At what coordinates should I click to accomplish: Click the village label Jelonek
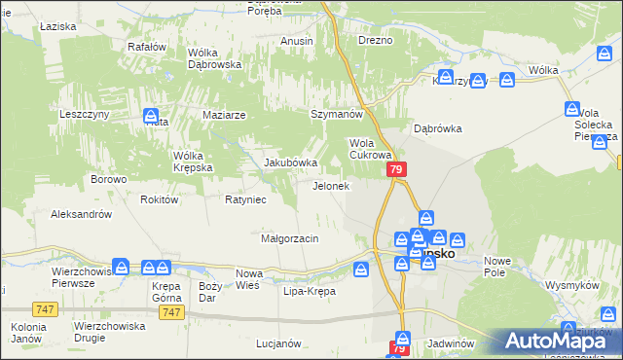[x=330, y=185]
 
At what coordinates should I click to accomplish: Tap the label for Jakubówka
[x=291, y=162]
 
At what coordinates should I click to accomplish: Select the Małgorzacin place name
[x=290, y=238]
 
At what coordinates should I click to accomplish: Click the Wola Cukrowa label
[x=370, y=148]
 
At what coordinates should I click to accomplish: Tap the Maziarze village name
[x=224, y=114]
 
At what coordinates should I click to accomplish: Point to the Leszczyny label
[x=89, y=114]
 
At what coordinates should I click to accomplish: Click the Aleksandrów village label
[x=82, y=214]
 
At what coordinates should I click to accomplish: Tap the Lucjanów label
[x=276, y=343]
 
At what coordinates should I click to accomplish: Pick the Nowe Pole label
[x=497, y=267]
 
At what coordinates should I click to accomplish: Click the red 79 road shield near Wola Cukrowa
[x=396, y=169]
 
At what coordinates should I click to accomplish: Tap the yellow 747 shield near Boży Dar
[x=172, y=311]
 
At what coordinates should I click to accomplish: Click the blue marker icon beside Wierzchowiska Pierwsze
[x=121, y=266]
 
